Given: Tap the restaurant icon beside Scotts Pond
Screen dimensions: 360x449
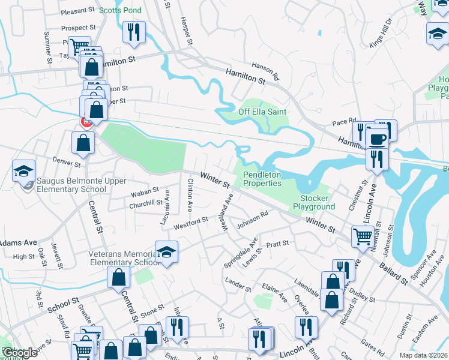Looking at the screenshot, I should [133, 31].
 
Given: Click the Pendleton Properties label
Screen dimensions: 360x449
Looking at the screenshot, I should [262, 179].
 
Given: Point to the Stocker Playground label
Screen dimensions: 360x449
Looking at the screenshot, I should [313, 202].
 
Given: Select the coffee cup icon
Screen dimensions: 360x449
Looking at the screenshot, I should [378, 139].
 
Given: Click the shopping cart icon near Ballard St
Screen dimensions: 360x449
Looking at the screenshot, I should [363, 236].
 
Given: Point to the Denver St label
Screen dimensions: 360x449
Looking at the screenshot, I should [66, 163].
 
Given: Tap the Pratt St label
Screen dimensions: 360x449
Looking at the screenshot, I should [277, 244].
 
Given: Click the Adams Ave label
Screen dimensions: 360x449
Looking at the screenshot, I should [18, 243].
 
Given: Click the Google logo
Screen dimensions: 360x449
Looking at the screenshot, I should [19, 353].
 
